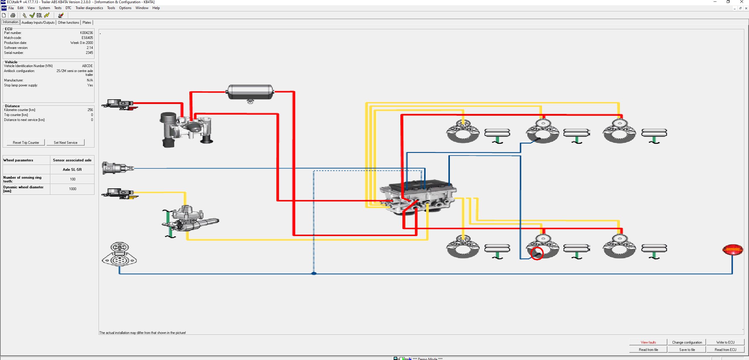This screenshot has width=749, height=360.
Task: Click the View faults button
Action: tap(648, 342)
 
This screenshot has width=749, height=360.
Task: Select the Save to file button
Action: tap(687, 349)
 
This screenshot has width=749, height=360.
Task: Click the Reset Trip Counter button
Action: tap(26, 142)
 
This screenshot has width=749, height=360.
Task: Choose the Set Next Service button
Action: tap(66, 142)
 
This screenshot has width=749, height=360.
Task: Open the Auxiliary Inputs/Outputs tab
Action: tap(38, 23)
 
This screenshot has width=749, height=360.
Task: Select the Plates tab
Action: tap(87, 23)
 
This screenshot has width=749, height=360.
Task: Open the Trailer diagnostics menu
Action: tap(89, 8)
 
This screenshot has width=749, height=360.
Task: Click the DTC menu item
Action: tap(68, 8)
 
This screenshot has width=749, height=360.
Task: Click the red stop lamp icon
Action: tap(732, 250)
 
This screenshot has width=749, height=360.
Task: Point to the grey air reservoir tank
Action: tap(250, 92)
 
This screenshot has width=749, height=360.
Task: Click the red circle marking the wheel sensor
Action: tap(537, 253)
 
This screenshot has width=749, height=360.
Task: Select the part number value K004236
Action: tap(86, 33)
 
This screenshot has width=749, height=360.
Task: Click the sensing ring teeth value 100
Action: tap(73, 179)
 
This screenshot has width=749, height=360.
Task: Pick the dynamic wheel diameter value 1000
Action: tap(73, 189)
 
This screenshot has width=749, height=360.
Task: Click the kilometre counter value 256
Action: tap(90, 110)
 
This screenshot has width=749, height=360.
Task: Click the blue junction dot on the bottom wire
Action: tap(314, 273)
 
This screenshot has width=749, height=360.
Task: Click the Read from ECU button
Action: tap(725, 349)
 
